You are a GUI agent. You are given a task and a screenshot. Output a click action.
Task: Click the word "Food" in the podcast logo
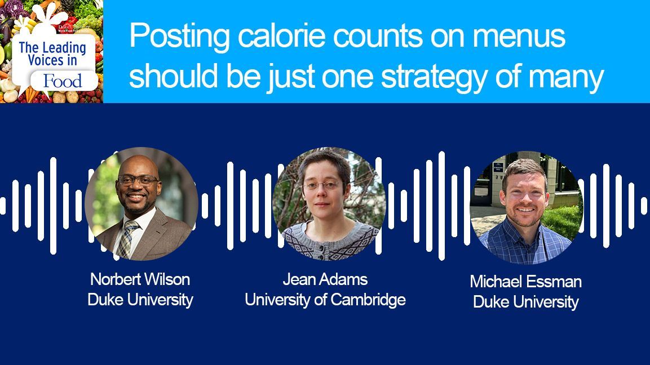click(x=63, y=81)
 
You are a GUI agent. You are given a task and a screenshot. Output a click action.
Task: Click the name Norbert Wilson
click(x=140, y=279)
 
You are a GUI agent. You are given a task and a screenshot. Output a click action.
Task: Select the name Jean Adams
click(x=325, y=279)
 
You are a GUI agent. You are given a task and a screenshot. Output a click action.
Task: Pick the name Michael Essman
click(x=525, y=282)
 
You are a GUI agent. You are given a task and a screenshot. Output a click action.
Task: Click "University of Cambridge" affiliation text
click(x=325, y=300)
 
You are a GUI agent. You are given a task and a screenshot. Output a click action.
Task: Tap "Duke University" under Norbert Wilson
click(x=140, y=300)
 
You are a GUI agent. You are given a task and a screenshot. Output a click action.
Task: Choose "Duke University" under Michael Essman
click(x=525, y=302)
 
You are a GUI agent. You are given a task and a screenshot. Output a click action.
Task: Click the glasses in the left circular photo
click(x=138, y=180)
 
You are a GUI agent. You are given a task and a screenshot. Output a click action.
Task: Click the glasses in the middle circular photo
click(x=321, y=185)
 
